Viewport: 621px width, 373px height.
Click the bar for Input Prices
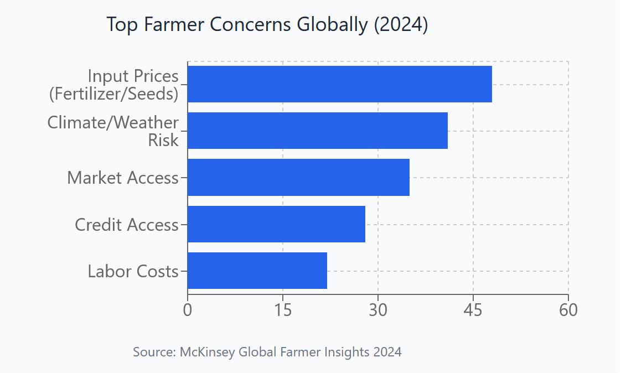point(339,84)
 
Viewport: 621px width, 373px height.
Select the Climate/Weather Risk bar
point(317,131)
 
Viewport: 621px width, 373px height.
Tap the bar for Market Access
point(298,177)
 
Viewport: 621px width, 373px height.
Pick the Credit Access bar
point(276,224)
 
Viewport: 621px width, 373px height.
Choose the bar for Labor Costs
point(257,271)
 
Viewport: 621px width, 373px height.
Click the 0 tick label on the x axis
point(188,309)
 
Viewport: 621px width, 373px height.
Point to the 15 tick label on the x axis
point(283,309)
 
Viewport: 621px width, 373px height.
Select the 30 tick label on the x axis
point(378,309)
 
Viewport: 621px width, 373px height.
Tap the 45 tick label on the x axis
point(473,309)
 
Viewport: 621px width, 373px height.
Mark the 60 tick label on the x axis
point(568,309)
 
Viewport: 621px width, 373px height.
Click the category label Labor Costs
point(133,271)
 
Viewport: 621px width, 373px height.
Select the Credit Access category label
point(127,225)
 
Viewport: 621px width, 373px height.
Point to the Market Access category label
point(123,178)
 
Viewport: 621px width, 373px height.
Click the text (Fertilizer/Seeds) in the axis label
point(113,94)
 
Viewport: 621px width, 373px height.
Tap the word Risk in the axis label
point(163,141)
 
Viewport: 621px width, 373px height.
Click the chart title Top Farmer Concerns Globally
point(237,25)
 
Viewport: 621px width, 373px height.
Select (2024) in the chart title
point(401,25)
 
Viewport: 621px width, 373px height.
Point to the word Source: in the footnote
point(154,352)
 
